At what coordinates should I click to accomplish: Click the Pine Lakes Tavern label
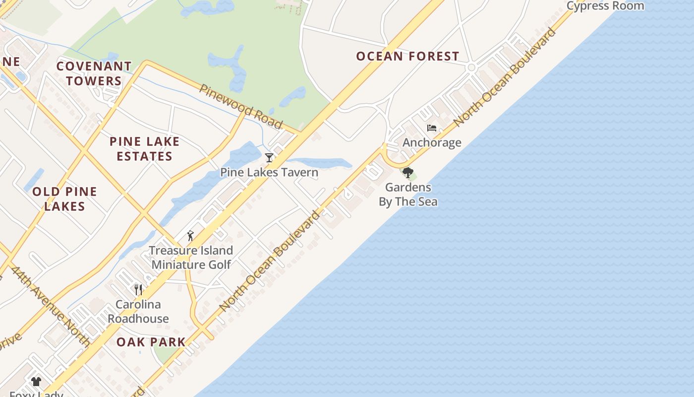click(269, 173)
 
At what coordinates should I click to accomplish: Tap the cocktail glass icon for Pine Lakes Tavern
click(269, 158)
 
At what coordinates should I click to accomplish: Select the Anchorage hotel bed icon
click(432, 128)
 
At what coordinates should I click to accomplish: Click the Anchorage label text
click(432, 143)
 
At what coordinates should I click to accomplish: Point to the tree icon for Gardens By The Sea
click(408, 173)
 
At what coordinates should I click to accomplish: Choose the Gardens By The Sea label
click(408, 195)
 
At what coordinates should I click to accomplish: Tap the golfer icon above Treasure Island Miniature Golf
click(190, 236)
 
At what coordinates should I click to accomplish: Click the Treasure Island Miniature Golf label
click(191, 258)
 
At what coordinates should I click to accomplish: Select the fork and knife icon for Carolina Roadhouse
click(138, 289)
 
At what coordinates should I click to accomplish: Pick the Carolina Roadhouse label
click(138, 312)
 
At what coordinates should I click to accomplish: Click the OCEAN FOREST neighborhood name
click(407, 57)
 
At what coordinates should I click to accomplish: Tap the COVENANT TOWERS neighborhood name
click(94, 73)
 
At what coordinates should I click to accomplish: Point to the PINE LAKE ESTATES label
click(144, 149)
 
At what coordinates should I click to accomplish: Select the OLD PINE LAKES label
click(64, 199)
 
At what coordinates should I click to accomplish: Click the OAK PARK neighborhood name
click(151, 342)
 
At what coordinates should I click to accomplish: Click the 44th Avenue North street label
click(51, 306)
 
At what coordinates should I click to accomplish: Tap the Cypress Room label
click(605, 6)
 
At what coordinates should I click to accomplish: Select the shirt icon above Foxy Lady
click(36, 382)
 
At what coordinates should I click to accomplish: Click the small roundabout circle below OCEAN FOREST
click(471, 67)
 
